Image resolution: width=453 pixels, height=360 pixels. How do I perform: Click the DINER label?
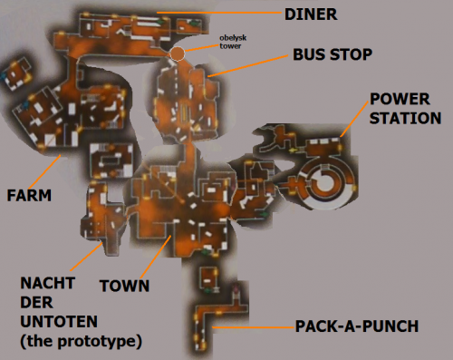point(311,15)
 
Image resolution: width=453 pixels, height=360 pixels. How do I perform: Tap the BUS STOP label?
point(333,54)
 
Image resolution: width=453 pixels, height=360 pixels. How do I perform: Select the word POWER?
point(400,99)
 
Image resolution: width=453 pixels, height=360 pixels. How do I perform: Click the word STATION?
point(405,118)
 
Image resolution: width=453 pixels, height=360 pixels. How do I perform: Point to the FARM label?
point(29,195)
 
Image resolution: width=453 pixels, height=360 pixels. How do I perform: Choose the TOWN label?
point(124,286)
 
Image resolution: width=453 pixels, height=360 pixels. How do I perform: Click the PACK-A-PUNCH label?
point(357,326)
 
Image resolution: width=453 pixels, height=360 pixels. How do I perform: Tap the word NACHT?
point(48,283)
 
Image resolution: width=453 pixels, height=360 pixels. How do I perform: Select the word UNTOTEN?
point(59,322)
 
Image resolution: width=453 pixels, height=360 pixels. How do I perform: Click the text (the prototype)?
point(81,342)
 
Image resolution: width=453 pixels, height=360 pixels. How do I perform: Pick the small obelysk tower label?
point(233,42)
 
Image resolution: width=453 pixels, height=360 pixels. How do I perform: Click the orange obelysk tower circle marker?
point(178,54)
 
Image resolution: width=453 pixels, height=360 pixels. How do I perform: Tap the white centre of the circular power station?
point(323,182)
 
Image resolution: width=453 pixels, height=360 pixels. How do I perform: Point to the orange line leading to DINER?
point(219,13)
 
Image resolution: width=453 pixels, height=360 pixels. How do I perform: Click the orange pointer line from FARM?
point(45,171)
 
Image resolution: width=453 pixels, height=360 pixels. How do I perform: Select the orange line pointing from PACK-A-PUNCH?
point(253,327)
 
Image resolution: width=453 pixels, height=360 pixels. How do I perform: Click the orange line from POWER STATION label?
point(354,118)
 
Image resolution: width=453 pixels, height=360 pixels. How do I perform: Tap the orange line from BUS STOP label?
point(248,66)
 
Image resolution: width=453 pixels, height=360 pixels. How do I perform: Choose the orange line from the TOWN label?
point(156,257)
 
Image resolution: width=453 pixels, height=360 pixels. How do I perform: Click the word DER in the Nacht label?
point(36,303)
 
